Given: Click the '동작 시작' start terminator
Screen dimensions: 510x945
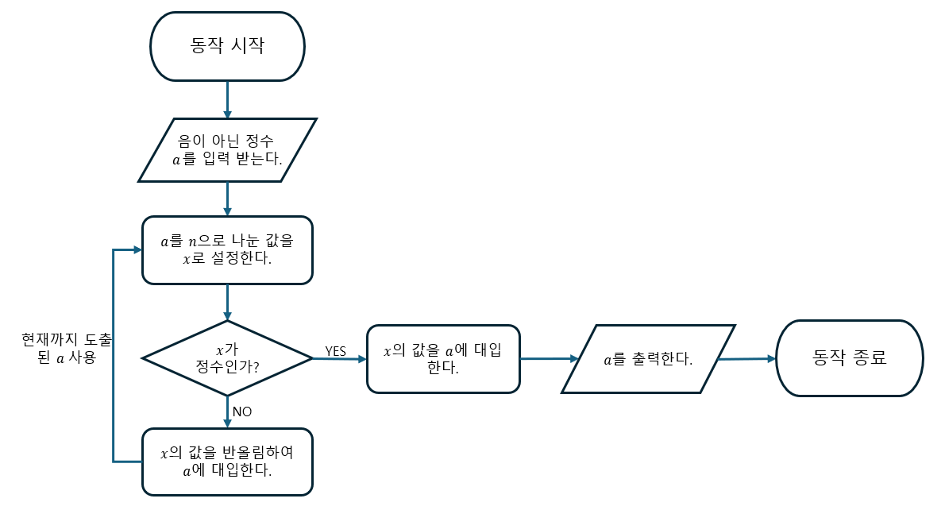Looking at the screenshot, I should click(227, 46).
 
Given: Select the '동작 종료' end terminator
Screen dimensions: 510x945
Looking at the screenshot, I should click(850, 357).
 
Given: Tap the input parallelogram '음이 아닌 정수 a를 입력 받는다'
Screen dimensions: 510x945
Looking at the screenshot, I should click(227, 149).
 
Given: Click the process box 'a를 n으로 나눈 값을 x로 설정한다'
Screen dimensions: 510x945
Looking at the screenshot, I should click(227, 249).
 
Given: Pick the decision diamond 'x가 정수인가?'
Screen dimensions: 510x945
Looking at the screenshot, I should click(227, 358).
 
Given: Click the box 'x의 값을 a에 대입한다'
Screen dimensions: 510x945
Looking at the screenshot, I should click(443, 358).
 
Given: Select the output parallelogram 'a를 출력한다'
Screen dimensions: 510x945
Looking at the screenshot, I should click(648, 359).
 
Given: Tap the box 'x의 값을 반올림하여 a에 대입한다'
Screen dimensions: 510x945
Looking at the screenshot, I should click(227, 462).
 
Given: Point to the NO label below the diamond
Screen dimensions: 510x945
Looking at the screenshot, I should click(242, 411).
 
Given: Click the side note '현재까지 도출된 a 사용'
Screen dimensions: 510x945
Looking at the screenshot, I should click(67, 349).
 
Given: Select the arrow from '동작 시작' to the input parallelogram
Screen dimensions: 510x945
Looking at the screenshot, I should click(227, 99).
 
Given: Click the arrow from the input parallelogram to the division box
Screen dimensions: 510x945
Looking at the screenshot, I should click(227, 199).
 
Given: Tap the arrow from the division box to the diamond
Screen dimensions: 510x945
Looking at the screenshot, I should click(227, 302).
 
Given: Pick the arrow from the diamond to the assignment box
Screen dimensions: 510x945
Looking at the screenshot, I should click(339, 359).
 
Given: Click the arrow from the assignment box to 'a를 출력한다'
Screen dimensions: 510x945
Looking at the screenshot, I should click(549, 359).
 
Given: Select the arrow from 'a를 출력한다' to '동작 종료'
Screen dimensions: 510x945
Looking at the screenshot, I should click(746, 359).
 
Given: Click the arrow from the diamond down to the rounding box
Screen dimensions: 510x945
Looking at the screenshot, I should click(227, 412).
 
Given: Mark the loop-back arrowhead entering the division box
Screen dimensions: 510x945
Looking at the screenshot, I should click(137, 250).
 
